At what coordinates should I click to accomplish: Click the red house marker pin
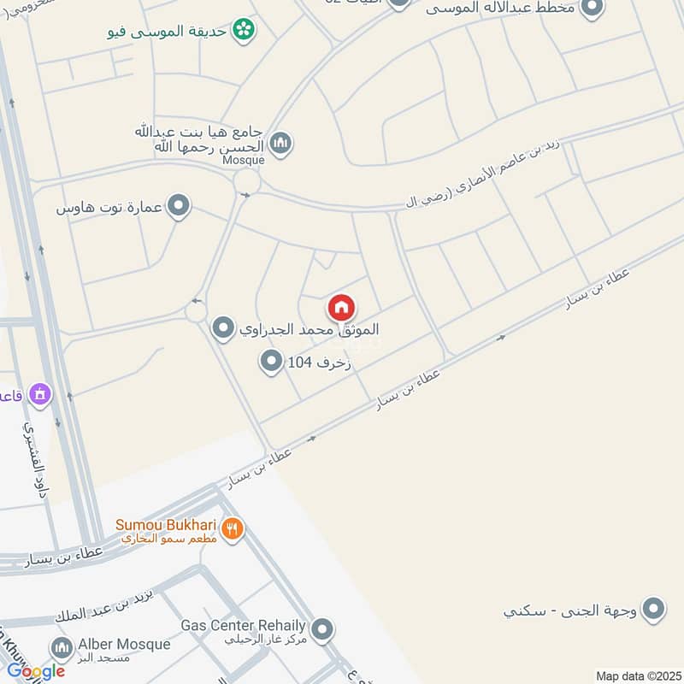pos(341,308)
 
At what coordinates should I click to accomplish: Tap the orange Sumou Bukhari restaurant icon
pos(231,530)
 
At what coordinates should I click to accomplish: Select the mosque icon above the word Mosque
pos(280,142)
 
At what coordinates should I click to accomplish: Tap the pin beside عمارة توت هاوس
pos(179,206)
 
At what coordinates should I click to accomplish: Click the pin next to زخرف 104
pos(271,363)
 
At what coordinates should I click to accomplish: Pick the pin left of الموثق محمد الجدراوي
pos(223,327)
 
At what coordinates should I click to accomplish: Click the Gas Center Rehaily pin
pos(321,630)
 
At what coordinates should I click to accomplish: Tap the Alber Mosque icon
pos(61,647)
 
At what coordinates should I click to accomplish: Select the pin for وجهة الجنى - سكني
pos(654,610)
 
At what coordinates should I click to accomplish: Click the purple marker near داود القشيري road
pos(39,394)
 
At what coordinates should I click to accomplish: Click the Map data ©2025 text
pos(637,675)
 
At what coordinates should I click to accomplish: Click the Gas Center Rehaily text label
pos(243,624)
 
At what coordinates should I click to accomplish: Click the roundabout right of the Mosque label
pos(247,181)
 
